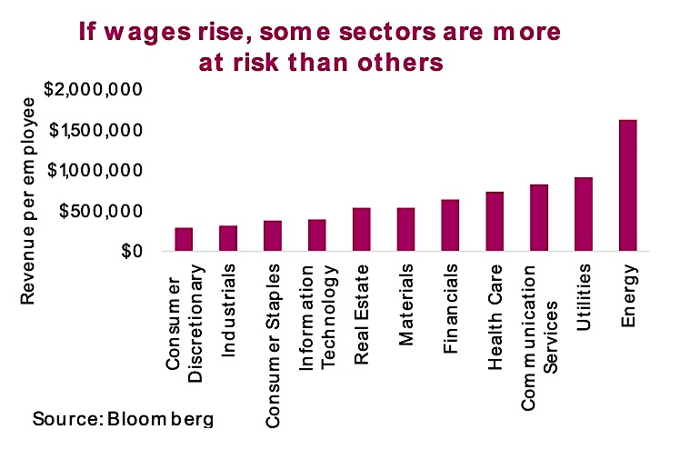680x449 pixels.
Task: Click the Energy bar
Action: pyautogui.click(x=627, y=185)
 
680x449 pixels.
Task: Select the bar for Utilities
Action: pyautogui.click(x=583, y=215)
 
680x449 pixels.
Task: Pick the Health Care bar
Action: pyautogui.click(x=494, y=222)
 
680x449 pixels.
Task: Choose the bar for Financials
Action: pyautogui.click(x=450, y=225)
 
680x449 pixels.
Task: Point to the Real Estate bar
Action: pyautogui.click(x=361, y=230)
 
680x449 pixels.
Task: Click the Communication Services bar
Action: pyautogui.click(x=538, y=218)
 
